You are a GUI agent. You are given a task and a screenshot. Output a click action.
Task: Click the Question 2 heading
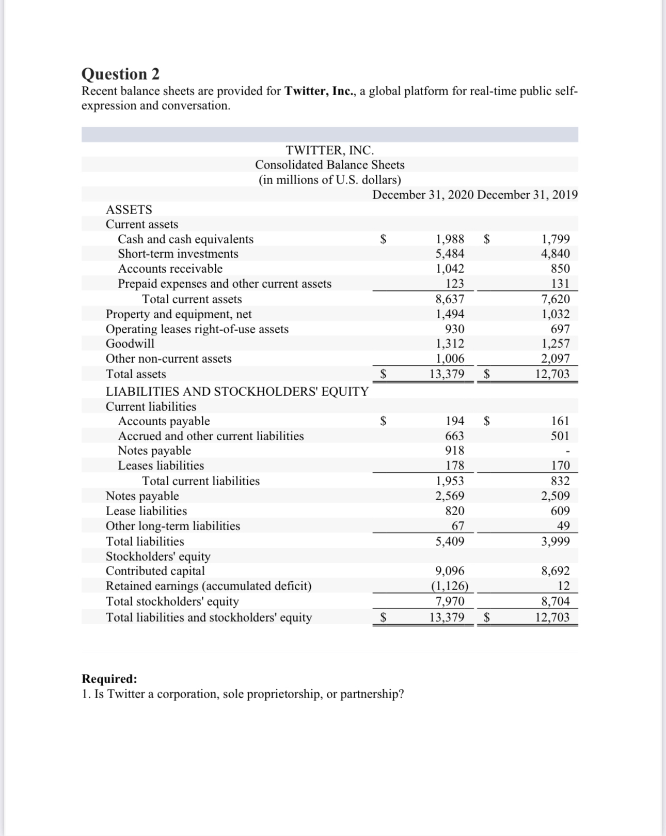coord(121,74)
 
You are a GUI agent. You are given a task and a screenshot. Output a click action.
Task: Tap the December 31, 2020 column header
coord(423,195)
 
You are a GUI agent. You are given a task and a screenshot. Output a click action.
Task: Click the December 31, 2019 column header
coord(527,195)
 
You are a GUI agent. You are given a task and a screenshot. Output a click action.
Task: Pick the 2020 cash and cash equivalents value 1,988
coord(450,239)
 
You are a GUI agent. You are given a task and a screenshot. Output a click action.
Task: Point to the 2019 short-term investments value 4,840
coord(556,254)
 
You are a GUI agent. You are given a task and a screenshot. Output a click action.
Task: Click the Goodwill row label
coord(130,344)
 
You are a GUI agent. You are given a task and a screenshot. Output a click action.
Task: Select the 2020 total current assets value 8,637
coord(450,299)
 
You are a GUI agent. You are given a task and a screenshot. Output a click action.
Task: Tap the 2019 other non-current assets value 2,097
coord(556,359)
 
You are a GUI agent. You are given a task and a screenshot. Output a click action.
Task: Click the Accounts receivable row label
coord(170,269)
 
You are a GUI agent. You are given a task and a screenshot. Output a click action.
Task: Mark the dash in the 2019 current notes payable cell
coord(567,452)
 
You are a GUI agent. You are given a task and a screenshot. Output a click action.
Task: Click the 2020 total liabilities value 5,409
coord(450,541)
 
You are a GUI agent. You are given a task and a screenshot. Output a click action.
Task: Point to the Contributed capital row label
coord(155,571)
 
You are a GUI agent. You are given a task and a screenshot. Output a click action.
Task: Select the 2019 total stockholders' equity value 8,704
coord(556,601)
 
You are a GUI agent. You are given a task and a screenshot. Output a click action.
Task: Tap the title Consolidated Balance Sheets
coord(329,165)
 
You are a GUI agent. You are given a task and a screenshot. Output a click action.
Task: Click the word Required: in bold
coord(109,678)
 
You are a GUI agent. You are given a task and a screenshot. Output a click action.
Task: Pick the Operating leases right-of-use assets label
coord(197,329)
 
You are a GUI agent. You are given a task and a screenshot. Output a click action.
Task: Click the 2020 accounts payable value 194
coord(454,421)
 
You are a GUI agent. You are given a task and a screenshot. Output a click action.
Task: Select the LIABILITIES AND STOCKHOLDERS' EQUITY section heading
coord(237,392)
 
